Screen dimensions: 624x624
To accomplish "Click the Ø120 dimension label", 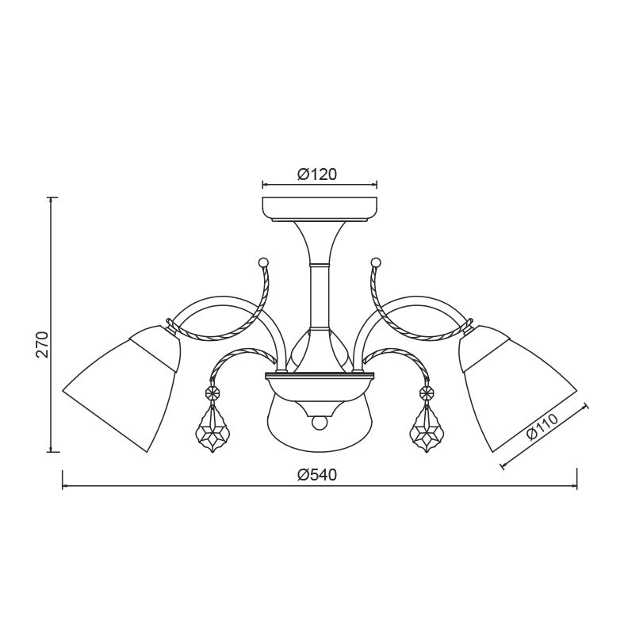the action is [x=317, y=174].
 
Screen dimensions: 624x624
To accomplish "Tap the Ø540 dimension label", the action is [x=317, y=475].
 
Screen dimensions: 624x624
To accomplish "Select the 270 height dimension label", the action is [x=42, y=344].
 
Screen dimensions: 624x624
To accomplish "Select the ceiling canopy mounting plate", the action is [x=320, y=209].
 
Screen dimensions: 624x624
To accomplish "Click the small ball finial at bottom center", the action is [x=319, y=423].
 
